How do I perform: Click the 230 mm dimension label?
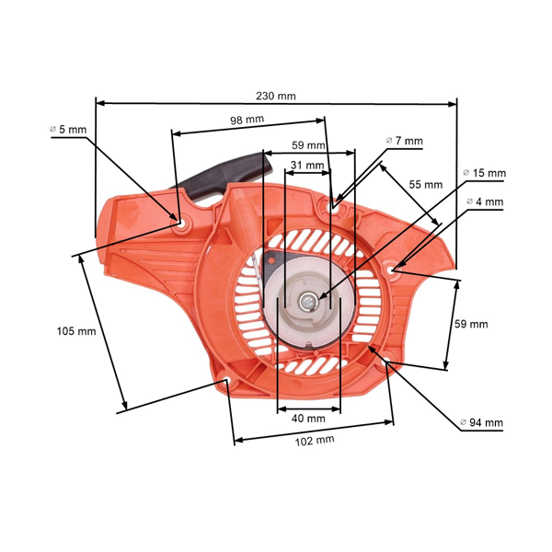pyautogui.click(x=276, y=96)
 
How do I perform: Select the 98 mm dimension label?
pyautogui.click(x=247, y=120)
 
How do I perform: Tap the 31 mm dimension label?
pyautogui.click(x=306, y=166)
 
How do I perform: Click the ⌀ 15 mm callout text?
pyautogui.click(x=485, y=173)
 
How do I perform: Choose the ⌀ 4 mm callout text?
pyautogui.click(x=485, y=201)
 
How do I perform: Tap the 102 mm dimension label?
pyautogui.click(x=315, y=441)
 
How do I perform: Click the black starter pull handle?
pyautogui.click(x=230, y=177)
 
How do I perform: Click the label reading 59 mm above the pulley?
pyautogui.click(x=308, y=145)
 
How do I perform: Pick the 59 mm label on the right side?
pyautogui.click(x=472, y=324)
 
